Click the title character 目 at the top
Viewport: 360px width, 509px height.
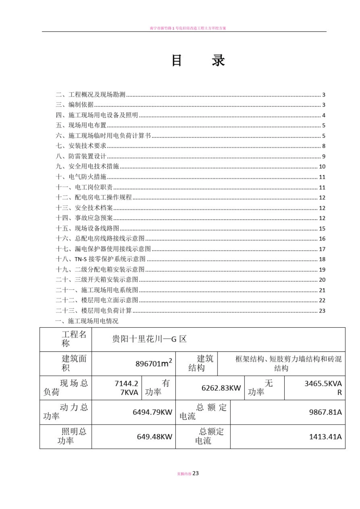[177, 61]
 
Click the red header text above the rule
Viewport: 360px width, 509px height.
[188, 28]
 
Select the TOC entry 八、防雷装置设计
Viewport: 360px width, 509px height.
[81, 156]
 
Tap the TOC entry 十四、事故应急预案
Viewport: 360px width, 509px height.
[85, 218]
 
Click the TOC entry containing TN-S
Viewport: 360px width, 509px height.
[101, 259]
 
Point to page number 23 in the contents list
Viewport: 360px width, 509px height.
[322, 311]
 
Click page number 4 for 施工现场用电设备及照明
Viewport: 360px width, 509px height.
[324, 115]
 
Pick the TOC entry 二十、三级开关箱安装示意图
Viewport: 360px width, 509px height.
[97, 279]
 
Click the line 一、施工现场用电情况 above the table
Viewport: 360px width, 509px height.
[87, 321]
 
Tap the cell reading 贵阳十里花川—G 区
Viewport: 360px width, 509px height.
[149, 339]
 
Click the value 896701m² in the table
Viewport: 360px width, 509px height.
[153, 363]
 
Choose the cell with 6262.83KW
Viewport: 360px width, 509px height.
[221, 388]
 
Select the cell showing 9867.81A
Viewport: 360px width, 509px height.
[325, 412]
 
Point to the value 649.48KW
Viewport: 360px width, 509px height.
[154, 437]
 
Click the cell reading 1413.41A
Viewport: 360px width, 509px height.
[325, 437]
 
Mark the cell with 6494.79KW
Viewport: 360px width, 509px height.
[152, 412]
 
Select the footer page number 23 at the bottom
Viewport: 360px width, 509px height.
[196, 473]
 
